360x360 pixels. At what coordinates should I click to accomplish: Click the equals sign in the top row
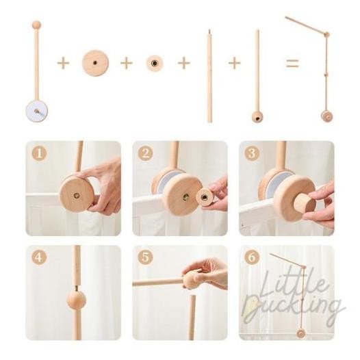tap(292, 64)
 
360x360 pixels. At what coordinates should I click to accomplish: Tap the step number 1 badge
tap(39, 154)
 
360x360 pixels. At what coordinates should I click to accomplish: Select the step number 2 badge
tap(145, 154)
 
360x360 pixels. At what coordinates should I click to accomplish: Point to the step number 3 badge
tap(251, 154)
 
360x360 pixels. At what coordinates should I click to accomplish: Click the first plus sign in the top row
tap(63, 64)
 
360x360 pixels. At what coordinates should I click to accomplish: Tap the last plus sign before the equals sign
tap(234, 64)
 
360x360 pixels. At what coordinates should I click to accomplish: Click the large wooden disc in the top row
tap(95, 64)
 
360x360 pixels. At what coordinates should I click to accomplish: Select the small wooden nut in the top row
tap(155, 64)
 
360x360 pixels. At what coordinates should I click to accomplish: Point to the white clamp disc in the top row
tap(40, 111)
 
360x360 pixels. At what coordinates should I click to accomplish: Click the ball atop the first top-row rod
tap(36, 25)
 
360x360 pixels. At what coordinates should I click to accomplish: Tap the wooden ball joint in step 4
tap(76, 300)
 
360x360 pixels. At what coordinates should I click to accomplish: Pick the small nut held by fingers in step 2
tap(204, 196)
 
